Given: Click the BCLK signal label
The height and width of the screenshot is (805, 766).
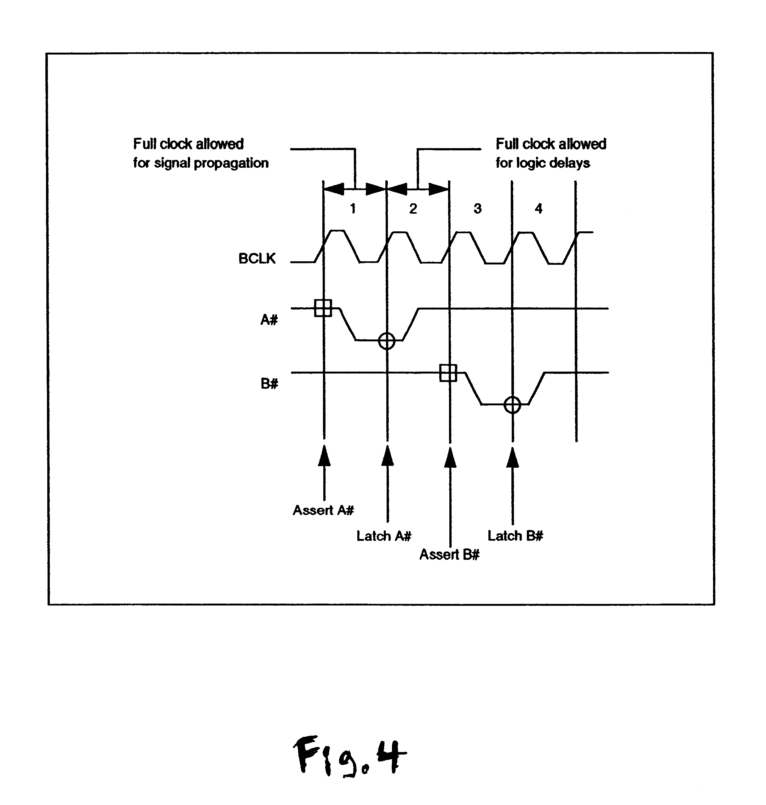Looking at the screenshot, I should [257, 258].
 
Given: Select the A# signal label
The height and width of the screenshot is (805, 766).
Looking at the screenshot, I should [269, 319].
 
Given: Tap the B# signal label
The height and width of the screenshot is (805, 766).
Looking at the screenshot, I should [269, 384].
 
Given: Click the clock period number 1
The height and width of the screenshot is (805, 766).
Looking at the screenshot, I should [353, 209].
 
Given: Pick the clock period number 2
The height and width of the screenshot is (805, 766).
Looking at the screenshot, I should [413, 209].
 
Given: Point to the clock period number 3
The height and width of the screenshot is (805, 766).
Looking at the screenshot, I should [477, 209].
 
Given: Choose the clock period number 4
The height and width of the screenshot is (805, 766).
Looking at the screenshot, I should [539, 209].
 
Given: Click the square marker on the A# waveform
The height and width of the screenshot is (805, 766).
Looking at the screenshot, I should [323, 308].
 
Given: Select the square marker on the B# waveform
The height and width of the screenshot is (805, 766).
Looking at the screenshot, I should [448, 373].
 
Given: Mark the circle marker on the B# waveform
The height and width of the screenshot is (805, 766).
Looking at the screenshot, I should [512, 405].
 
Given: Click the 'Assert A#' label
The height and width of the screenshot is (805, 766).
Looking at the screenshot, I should [323, 510].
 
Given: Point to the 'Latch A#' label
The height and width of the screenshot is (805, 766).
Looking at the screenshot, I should [384, 536].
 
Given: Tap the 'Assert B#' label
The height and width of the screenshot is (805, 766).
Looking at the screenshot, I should [449, 554].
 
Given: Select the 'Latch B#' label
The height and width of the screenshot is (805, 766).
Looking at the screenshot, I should [515, 536].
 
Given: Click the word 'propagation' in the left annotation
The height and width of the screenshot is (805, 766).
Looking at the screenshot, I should [231, 163].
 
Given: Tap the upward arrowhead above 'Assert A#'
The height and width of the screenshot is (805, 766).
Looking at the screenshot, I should [324, 456].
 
